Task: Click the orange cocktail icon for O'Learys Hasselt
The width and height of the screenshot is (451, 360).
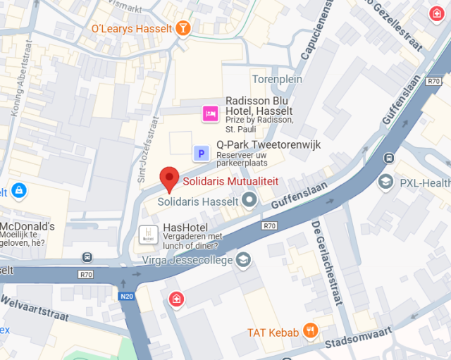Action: [183, 28]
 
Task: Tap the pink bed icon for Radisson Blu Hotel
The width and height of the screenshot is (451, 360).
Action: [209, 113]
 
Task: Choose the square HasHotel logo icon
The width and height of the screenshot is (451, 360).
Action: [148, 234]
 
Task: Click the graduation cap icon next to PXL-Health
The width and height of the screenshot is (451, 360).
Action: [385, 183]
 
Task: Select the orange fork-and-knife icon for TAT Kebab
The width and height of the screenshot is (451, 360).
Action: [309, 330]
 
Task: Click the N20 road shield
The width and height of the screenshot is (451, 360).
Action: [127, 297]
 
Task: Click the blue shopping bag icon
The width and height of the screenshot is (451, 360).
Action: [18, 190]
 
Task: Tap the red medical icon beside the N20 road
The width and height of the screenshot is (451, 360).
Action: [175, 300]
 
